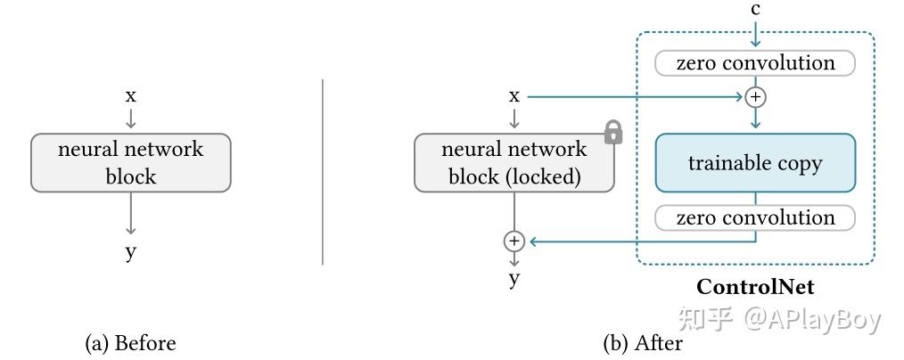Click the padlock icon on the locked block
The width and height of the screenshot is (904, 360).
pyautogui.click(x=612, y=133)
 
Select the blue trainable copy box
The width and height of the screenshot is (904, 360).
pyautogui.click(x=755, y=163)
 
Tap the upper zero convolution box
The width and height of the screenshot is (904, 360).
pyautogui.click(x=755, y=63)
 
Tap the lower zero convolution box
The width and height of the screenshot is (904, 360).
pyautogui.click(x=755, y=218)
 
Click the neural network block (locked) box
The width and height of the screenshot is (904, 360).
pyautogui.click(x=514, y=163)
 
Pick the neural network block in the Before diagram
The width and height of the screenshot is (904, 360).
pyautogui.click(x=131, y=163)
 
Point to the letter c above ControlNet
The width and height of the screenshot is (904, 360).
pyautogui.click(x=755, y=11)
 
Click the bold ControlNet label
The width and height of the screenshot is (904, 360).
pyautogui.click(x=755, y=287)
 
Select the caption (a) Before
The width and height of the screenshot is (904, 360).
pyautogui.click(x=130, y=343)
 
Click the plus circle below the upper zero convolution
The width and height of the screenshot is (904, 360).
pyautogui.click(x=755, y=96)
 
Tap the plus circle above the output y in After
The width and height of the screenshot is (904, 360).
pyautogui.click(x=514, y=241)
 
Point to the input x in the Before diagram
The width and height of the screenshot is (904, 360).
pyautogui.click(x=131, y=95)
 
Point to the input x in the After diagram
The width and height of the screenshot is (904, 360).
pyautogui.click(x=514, y=95)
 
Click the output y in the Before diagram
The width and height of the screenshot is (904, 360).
pyautogui.click(x=131, y=252)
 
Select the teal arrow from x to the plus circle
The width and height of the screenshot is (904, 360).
pyautogui.click(x=633, y=96)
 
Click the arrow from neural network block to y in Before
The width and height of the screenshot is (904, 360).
pyautogui.click(x=131, y=214)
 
